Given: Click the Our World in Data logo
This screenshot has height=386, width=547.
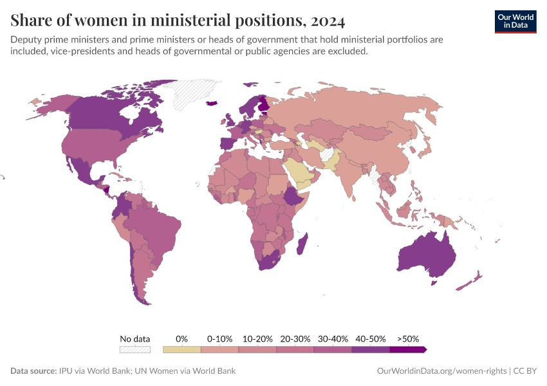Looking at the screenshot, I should click(515, 21).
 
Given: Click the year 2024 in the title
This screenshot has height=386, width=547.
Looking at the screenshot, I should click(328, 21).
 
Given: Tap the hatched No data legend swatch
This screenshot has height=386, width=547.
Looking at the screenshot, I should click(134, 349).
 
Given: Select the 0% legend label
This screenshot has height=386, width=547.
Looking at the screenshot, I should click(181, 338).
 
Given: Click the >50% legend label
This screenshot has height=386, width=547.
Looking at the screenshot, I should click(408, 338).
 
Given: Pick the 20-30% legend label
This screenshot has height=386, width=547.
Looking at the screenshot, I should click(295, 338).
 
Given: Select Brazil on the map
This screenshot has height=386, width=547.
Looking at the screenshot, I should click(158, 228).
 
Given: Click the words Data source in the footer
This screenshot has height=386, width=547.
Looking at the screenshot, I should click(33, 371).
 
